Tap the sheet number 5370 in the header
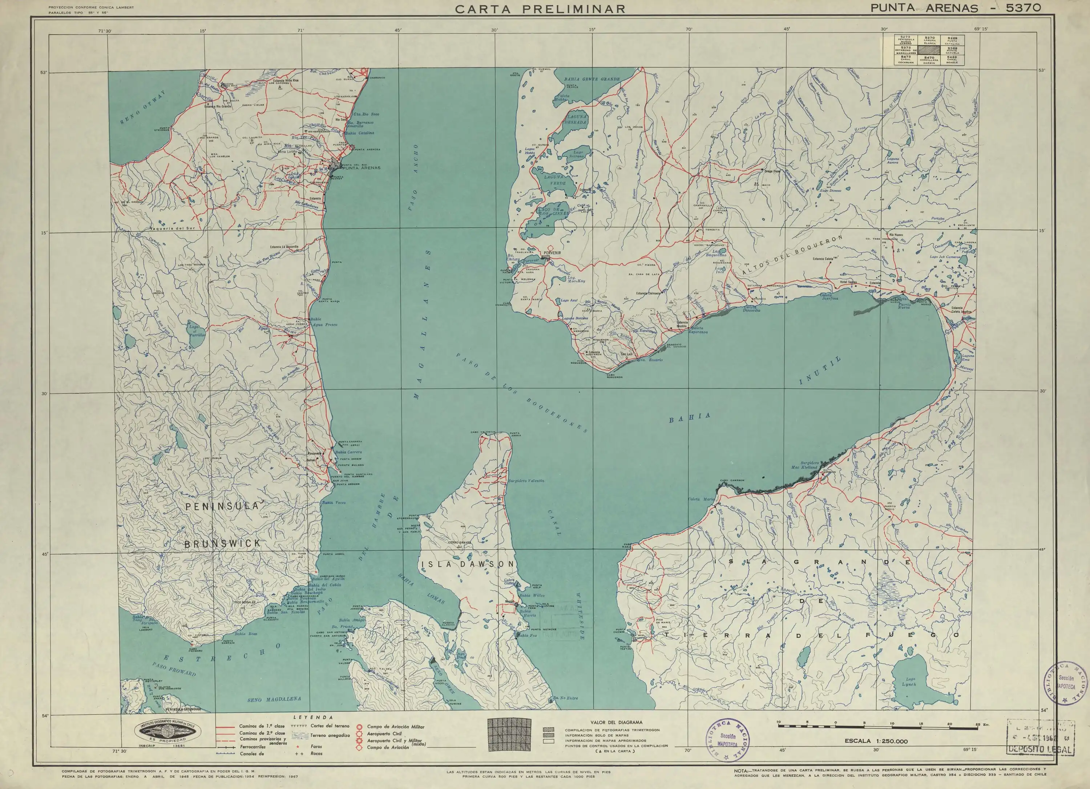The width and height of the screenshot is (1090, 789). point(1020,8)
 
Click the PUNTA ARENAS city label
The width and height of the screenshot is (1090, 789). point(362,168)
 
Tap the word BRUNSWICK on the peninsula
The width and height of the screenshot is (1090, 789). point(223,543)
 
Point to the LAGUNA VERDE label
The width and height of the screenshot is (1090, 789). point(554,180)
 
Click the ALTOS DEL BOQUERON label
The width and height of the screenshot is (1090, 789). point(793,257)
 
